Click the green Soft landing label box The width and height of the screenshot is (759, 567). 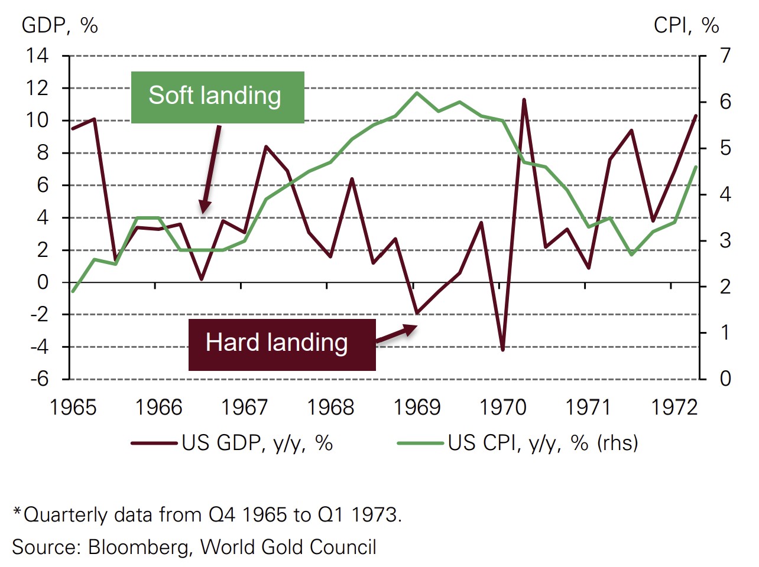click(x=217, y=97)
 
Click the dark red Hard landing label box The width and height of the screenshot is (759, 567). click(x=281, y=344)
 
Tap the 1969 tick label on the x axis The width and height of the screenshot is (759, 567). click(x=417, y=408)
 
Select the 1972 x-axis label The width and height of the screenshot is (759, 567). click(x=674, y=408)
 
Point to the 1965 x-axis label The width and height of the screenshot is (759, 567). click(x=73, y=408)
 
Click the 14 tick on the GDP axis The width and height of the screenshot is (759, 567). click(x=37, y=56)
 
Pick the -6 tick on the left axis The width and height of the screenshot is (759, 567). click(x=40, y=379)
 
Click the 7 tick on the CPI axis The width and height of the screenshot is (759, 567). click(x=725, y=56)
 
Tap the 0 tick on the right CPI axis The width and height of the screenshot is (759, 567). click(x=725, y=379)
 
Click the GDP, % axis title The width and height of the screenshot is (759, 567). click(x=60, y=25)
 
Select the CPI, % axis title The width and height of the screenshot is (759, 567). click(x=686, y=25)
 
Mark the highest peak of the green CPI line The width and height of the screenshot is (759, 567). click(x=417, y=93)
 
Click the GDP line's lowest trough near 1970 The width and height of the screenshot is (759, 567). click(x=502, y=350)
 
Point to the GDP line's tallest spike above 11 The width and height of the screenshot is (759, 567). click(x=524, y=100)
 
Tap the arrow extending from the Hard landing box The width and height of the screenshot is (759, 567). click(x=397, y=334)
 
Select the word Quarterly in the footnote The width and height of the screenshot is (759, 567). click(x=65, y=515)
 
